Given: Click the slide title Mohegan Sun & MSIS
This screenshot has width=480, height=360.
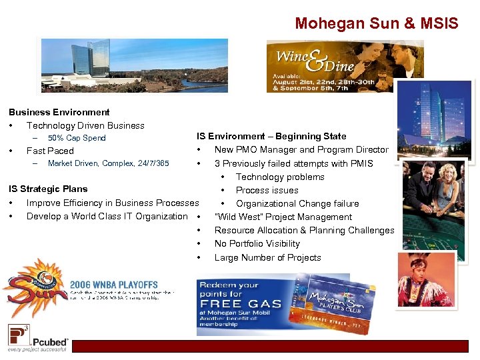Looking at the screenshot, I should (377, 24).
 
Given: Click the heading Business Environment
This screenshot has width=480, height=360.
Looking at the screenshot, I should (59, 112).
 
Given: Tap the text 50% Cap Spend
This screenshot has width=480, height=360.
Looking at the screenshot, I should (77, 138).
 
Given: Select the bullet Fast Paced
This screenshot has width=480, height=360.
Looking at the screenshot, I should (50, 151).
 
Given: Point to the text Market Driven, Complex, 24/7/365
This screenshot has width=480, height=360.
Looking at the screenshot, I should (109, 163).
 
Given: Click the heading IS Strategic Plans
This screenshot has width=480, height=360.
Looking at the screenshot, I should (48, 189).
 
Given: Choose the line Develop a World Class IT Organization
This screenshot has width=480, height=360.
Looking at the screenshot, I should (107, 216).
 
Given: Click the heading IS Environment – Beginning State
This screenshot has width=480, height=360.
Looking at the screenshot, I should (271, 136).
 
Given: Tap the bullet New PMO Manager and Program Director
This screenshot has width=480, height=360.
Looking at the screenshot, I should (301, 149).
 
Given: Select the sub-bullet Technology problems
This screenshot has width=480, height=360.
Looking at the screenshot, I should (280, 177).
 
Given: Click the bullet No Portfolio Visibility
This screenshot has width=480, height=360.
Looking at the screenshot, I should (257, 243).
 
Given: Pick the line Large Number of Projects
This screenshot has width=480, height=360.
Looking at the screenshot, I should (268, 257).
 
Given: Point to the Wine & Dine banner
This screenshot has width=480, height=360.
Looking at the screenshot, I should (345, 66).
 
